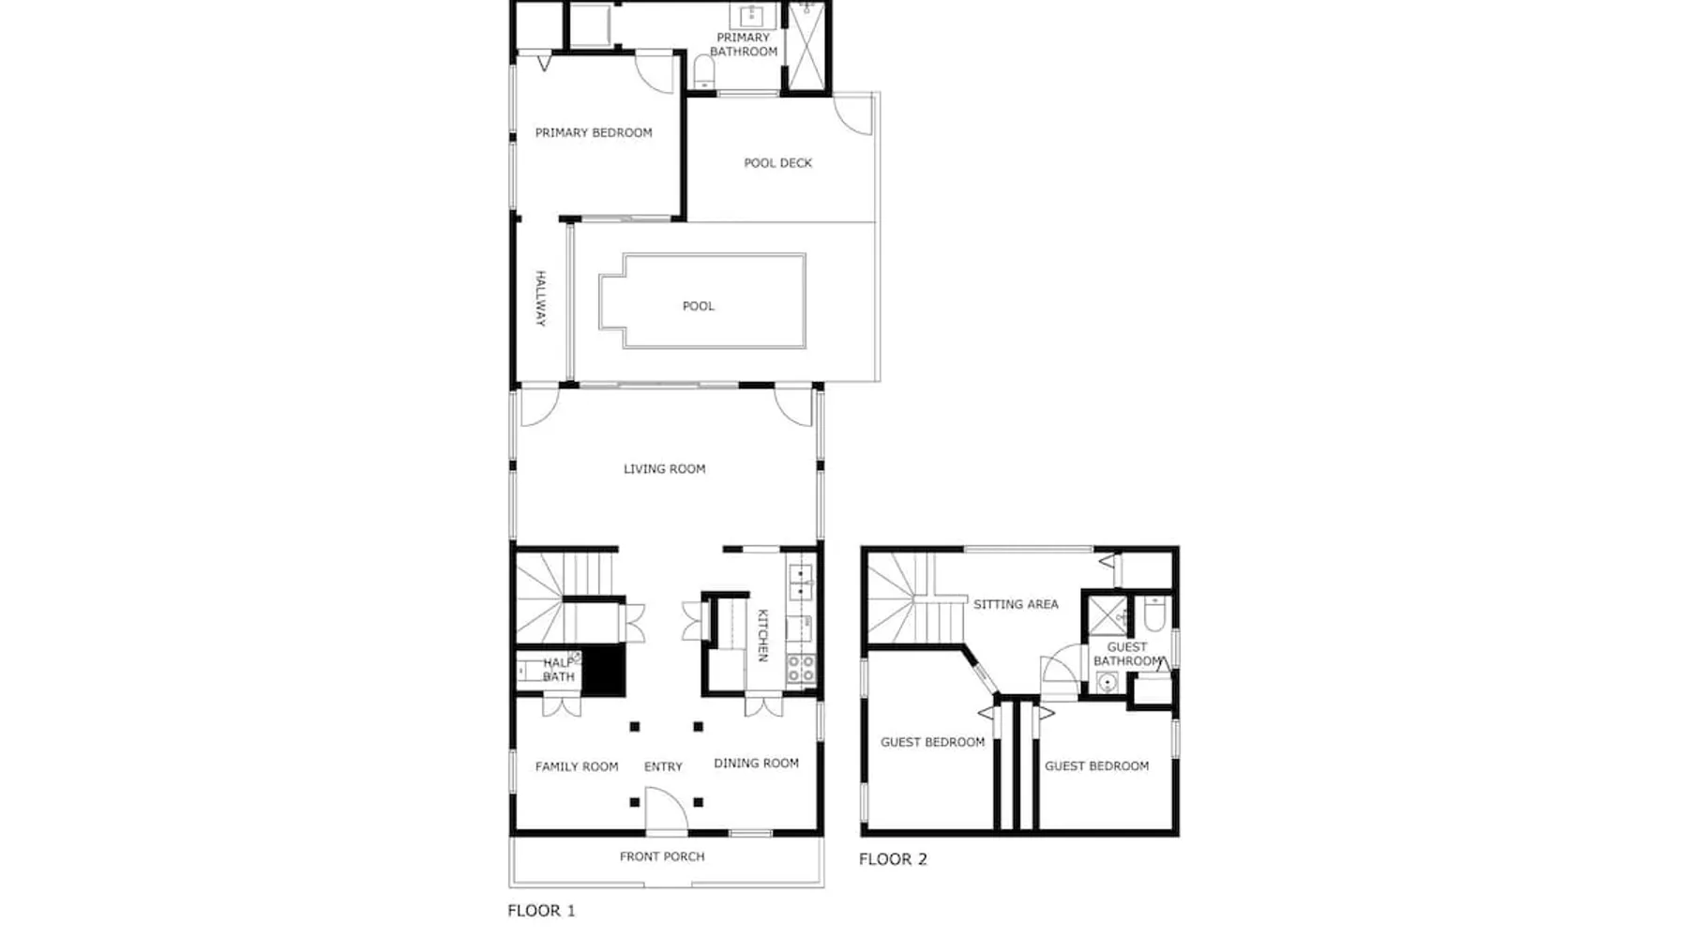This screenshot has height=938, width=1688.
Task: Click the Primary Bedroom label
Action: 594,133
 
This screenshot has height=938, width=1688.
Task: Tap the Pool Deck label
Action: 778,163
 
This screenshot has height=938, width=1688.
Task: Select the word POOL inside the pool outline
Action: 699,306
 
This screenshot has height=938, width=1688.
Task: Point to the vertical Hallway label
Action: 541,298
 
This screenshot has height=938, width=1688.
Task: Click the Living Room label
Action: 665,469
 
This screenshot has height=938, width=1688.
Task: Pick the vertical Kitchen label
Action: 762,635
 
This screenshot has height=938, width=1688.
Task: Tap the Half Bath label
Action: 559,670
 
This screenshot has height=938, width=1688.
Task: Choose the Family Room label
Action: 577,767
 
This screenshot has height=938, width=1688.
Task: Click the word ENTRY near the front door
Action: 663,767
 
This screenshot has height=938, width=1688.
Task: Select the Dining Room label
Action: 757,764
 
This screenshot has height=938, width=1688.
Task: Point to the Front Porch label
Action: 662,856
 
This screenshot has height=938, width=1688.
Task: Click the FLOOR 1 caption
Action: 542,911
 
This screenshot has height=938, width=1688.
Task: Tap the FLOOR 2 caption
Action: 894,859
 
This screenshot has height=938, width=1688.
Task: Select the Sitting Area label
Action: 1016,605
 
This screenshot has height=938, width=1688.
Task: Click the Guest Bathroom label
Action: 1127,654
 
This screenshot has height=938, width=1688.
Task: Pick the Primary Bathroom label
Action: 744,44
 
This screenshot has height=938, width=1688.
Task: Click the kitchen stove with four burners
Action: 800,669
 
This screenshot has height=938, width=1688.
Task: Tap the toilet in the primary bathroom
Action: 703,71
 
